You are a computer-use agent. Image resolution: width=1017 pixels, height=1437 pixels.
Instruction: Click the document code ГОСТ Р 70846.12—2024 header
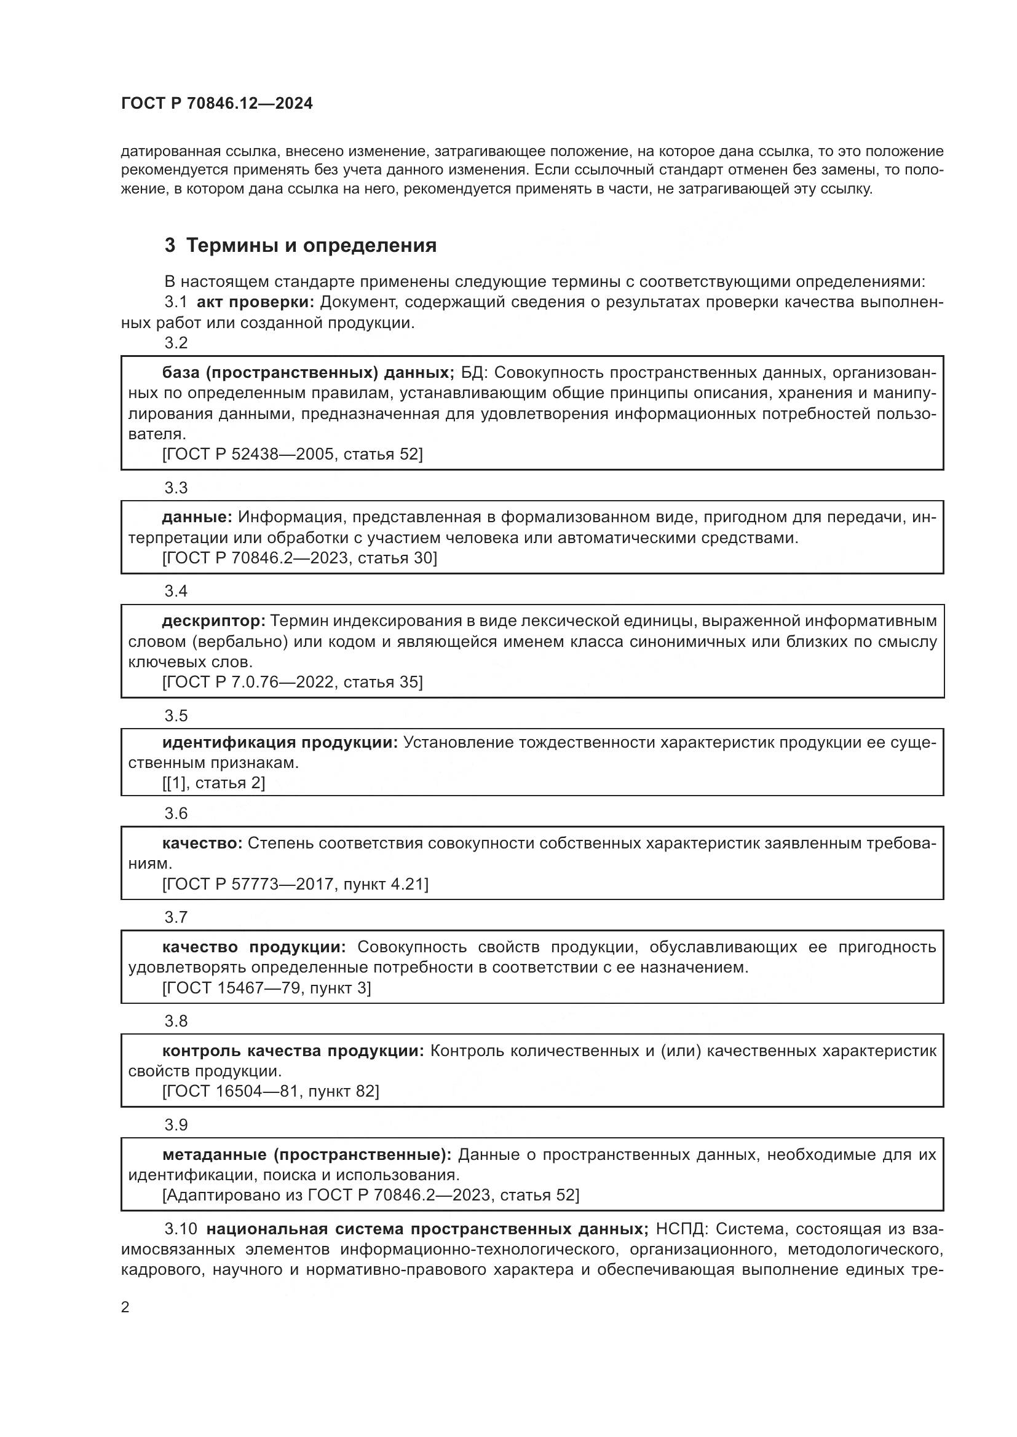[216, 104]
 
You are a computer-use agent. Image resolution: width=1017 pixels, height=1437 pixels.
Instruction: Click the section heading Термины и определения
[311, 245]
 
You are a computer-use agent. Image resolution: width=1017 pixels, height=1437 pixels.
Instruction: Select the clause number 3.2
[176, 343]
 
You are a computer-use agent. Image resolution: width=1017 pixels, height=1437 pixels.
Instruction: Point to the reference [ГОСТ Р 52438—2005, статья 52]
[293, 455]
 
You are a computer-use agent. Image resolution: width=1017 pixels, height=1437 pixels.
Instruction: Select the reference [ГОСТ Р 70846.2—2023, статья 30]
[299, 558]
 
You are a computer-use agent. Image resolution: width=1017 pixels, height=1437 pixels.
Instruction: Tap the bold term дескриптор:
[213, 621]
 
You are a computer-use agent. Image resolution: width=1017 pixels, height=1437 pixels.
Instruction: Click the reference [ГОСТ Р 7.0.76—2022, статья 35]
[293, 682]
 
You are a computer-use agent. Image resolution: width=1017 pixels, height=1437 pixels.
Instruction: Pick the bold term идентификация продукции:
[280, 743]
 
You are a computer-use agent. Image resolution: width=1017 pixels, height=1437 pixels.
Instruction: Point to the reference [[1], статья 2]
[213, 783]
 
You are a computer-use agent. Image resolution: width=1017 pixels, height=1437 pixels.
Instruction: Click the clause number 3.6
[176, 813]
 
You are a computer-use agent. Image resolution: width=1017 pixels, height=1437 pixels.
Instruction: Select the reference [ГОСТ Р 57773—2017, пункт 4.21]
[296, 884]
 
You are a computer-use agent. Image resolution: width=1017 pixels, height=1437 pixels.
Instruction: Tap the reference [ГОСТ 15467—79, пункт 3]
[267, 989]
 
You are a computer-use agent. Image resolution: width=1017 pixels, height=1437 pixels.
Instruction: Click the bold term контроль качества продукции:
[293, 1051]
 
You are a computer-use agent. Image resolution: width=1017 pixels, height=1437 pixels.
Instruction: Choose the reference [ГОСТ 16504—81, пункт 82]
[271, 1092]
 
